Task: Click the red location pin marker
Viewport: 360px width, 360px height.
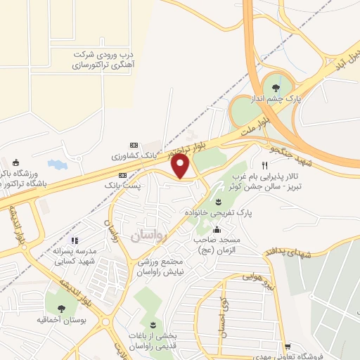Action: [x=181, y=167]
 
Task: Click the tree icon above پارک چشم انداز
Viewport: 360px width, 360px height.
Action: [x=274, y=86]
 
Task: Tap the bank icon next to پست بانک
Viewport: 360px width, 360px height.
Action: [x=122, y=174]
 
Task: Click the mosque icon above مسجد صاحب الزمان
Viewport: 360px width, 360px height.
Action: [x=217, y=229]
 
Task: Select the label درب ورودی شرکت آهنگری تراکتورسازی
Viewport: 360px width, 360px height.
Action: [x=103, y=60]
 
